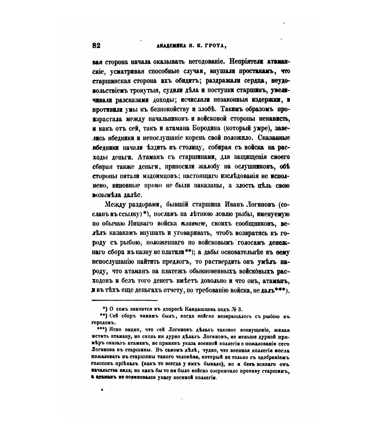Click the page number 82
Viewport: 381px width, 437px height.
click(96, 46)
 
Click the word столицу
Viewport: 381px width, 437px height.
click(190, 148)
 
